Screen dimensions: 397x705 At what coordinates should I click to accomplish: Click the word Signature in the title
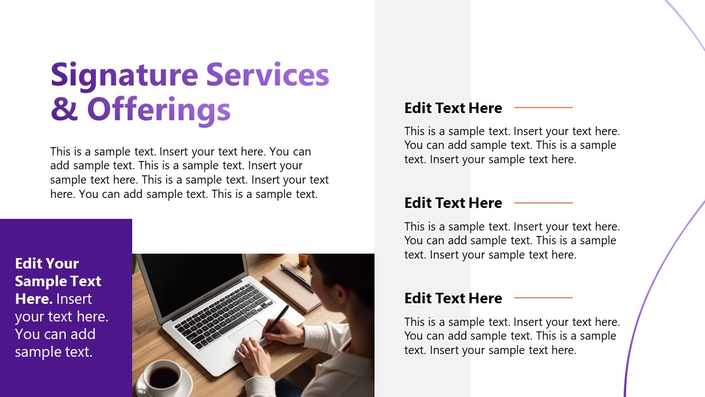coord(124,76)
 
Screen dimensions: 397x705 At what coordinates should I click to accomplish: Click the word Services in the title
coord(268,76)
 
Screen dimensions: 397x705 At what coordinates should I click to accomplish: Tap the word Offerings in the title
coord(159,109)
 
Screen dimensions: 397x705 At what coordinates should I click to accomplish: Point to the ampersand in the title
coord(64,109)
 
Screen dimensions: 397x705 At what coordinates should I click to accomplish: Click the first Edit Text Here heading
coord(453,108)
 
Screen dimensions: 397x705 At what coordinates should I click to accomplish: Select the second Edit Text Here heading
coord(453,203)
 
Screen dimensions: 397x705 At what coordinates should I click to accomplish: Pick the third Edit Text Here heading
coord(453,298)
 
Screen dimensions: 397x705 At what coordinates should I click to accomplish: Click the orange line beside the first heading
coord(543,108)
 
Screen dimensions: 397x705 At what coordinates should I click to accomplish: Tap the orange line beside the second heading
coord(543,203)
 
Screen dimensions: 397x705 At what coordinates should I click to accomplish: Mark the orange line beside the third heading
coord(543,298)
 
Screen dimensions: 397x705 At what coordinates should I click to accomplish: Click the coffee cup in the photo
coord(164,377)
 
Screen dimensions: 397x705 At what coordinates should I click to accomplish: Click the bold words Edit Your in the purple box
coord(47,264)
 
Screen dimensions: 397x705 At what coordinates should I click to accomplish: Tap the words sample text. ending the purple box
coord(53,352)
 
